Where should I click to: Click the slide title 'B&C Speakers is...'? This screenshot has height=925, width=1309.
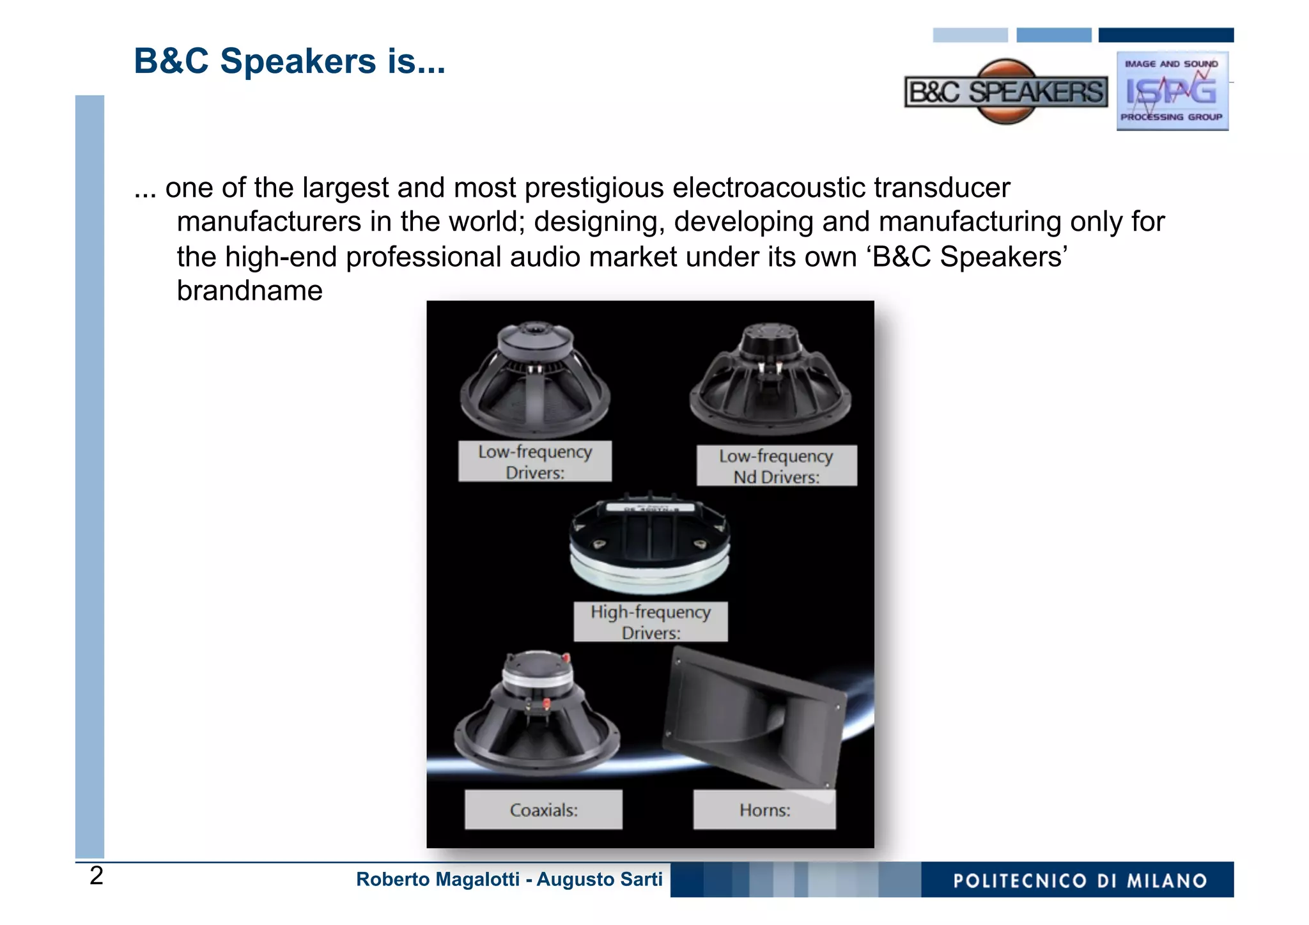289,61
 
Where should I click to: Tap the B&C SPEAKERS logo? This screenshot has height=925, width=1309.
1006,92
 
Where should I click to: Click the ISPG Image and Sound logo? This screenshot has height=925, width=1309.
1172,91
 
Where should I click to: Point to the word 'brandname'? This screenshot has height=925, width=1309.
249,291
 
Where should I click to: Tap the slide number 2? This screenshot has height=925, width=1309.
97,876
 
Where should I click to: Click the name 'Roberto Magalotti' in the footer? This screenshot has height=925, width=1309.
437,880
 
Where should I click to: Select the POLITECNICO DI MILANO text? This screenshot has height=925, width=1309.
1080,881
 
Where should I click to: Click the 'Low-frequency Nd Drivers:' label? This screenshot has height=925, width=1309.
776,466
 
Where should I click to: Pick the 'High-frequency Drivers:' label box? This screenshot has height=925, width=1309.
650,621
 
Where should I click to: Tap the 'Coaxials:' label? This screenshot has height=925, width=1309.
543,810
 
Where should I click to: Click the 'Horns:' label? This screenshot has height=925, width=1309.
764,810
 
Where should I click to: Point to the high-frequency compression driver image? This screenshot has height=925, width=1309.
649,543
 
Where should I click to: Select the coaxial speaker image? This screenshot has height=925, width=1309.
536,716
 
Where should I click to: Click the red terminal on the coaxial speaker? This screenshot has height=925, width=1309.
546,703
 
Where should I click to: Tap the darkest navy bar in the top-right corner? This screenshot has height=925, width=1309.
1166,35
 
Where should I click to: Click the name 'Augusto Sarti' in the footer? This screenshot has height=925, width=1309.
599,880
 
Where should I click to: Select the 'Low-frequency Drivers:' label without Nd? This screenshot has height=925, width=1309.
535,462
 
